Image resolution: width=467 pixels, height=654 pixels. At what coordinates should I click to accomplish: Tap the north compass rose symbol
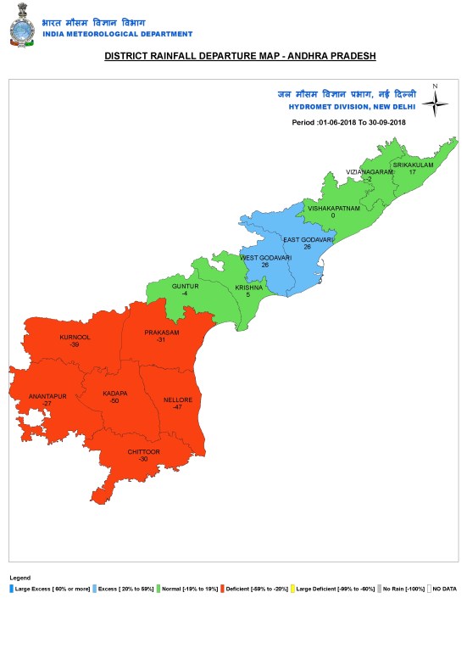pos(436,103)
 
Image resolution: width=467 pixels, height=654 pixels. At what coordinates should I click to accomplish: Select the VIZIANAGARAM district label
pos(370,172)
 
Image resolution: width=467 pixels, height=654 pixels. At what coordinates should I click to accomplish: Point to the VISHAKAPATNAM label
pos(333,208)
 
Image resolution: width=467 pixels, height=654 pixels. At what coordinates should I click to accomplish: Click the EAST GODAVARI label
pos(308,240)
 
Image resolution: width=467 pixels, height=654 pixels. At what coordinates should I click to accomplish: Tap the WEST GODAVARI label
pos(265,257)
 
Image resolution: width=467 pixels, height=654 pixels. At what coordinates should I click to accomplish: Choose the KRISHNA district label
pos(247,288)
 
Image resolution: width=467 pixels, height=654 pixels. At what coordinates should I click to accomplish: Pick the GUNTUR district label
pos(185,287)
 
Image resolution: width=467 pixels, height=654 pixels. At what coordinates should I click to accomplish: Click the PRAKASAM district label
pos(162,333)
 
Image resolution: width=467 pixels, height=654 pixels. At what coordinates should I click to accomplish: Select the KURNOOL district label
pos(75,338)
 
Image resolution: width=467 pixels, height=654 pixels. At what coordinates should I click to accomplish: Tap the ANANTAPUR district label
pos(47,396)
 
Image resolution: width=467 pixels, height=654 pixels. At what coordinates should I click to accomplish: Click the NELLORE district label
pos(178,400)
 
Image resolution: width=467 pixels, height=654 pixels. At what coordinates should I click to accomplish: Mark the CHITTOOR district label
pos(143,452)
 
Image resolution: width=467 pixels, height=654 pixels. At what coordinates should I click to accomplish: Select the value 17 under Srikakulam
pos(412,171)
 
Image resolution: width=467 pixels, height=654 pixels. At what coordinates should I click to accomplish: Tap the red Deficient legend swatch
pos(221,587)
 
